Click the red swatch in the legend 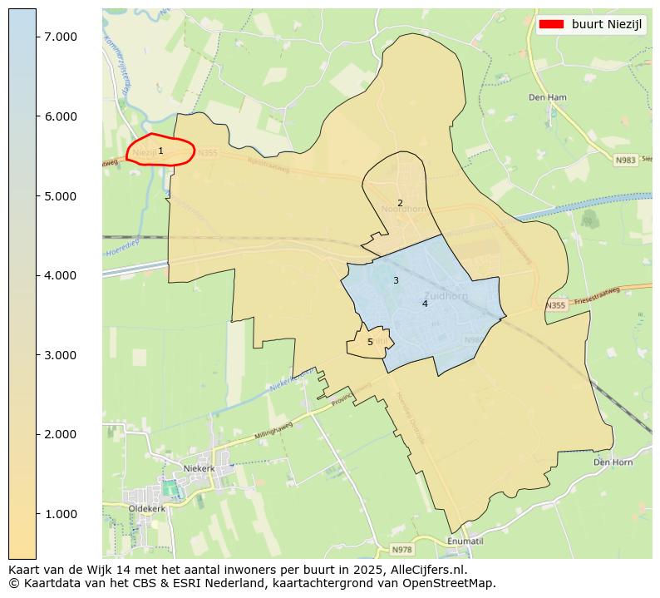pos(551,24)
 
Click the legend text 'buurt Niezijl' pos(608,24)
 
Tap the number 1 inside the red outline pos(160,151)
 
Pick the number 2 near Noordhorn pos(400,203)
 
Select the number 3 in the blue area pos(396,280)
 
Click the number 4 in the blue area pos(425,304)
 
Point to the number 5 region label pos(370,342)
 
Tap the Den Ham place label pos(548,97)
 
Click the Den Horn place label pos(613,462)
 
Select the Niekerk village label pos(199,468)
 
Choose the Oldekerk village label pos(146,508)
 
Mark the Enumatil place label pos(465,541)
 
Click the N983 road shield pos(625,160)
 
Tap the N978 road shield pos(402,550)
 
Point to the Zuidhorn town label pos(446,295)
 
